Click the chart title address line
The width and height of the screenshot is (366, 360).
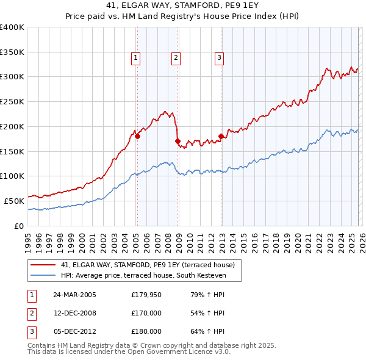(x=182, y=6)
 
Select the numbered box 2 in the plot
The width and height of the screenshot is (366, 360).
(x=176, y=59)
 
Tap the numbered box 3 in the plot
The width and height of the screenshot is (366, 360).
(x=219, y=59)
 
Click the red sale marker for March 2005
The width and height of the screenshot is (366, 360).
(x=137, y=137)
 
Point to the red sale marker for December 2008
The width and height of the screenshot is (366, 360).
(x=178, y=142)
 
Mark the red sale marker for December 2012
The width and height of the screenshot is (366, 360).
(x=221, y=137)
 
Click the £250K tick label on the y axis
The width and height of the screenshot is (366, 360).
(x=12, y=102)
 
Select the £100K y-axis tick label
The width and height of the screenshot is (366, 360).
(x=12, y=176)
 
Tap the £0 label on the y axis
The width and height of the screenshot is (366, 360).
(x=18, y=226)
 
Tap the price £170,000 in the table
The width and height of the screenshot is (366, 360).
(x=146, y=313)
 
